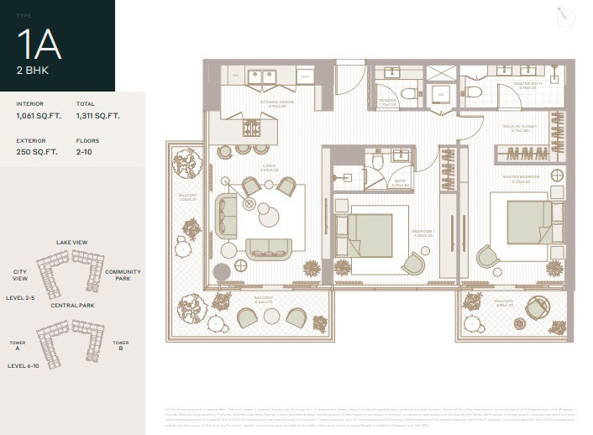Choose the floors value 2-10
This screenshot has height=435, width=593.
(x=84, y=152)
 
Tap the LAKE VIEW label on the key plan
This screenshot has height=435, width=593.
(x=72, y=243)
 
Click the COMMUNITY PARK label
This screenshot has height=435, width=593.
(x=123, y=275)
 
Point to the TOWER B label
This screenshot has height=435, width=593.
(x=120, y=346)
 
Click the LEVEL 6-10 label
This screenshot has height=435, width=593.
(x=24, y=366)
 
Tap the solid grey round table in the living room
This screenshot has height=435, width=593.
(x=222, y=272)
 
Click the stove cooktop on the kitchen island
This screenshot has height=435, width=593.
(x=251, y=128)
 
